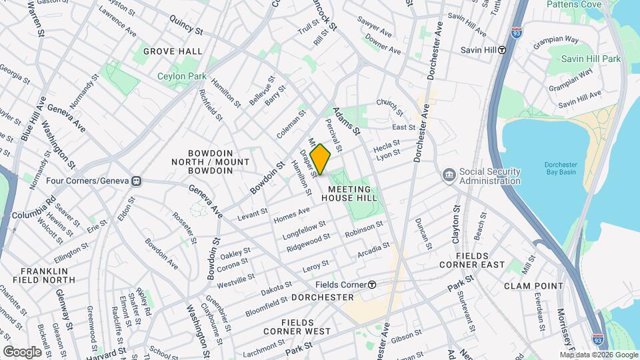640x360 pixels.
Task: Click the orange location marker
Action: point(320,159)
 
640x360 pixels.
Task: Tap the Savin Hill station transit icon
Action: point(502,50)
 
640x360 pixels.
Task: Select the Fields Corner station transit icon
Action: point(372,284)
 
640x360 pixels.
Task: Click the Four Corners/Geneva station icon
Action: point(137,181)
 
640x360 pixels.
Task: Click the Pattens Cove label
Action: point(573,4)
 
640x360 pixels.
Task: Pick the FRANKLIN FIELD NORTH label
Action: point(44,276)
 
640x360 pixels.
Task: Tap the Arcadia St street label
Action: point(373,250)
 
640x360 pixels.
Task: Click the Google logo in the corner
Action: point(22,351)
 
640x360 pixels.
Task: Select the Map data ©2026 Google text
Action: point(598,353)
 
